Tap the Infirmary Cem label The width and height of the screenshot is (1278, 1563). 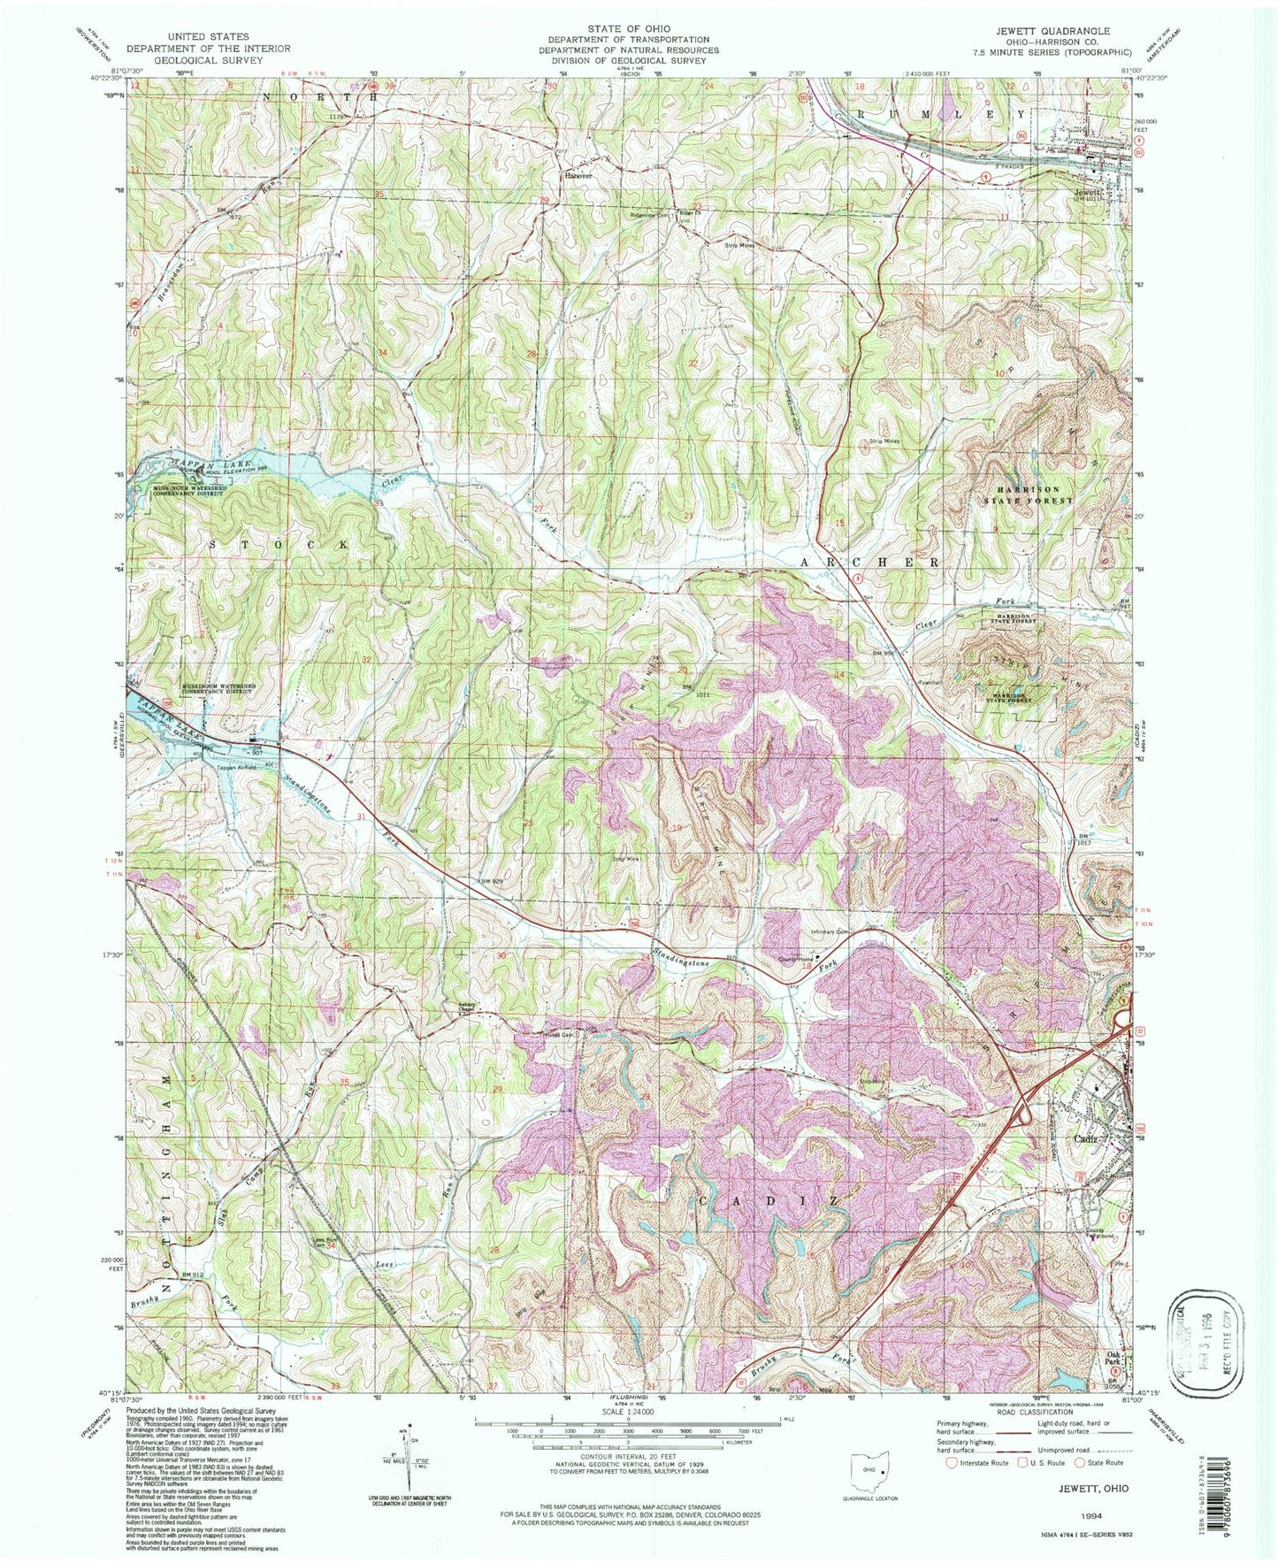831,931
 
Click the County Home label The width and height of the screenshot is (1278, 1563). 794,957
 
